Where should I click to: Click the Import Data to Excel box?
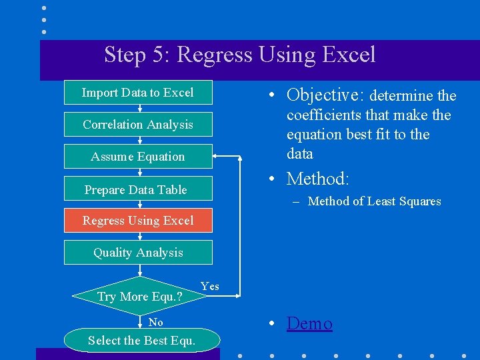pos(138,93)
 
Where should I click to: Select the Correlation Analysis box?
pos(138,125)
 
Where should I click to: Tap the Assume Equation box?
pos(138,157)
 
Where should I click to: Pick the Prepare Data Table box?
pos(138,189)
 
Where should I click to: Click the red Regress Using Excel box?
pos(138,221)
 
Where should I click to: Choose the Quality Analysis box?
pos(138,253)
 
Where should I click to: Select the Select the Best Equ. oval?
pos(141,341)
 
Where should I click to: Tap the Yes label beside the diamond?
pos(210,286)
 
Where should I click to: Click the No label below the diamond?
pos(156,323)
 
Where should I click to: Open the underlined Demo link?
pos(309,324)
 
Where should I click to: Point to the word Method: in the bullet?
pos(317,179)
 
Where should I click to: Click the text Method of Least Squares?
pos(374,201)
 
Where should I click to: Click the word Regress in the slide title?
pos(215,55)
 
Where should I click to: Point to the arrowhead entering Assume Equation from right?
pos(217,157)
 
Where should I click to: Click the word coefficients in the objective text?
pos(323,115)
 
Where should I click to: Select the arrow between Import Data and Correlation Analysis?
pos(139,109)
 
